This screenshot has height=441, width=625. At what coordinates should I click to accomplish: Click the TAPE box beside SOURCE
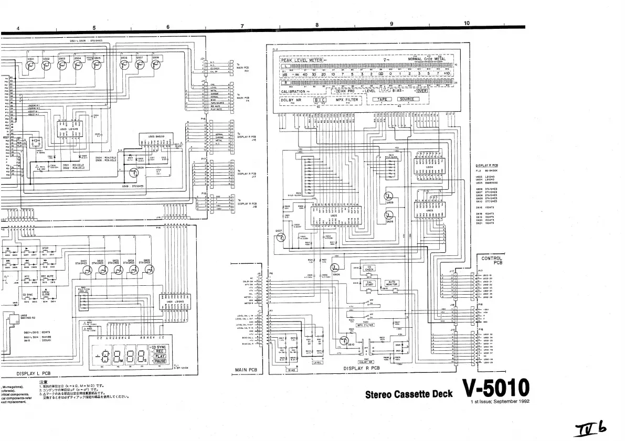pyautogui.click(x=384, y=99)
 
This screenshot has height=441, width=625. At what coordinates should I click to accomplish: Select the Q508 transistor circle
pyautogui.click(x=155, y=64)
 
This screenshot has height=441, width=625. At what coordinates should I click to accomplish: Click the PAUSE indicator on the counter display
pyautogui.click(x=160, y=361)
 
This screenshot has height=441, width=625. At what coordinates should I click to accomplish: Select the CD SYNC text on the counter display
pyautogui.click(x=158, y=347)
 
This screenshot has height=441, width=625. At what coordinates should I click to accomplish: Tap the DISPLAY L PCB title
pyautogui.click(x=33, y=373)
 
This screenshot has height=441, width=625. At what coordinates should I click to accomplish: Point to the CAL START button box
pyautogui.click(x=369, y=283)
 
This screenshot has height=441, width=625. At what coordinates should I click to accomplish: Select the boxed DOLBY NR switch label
pyautogui.click(x=365, y=361)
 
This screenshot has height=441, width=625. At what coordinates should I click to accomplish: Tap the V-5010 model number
pyautogui.click(x=496, y=389)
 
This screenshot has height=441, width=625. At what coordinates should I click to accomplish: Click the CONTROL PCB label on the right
pyautogui.click(x=492, y=260)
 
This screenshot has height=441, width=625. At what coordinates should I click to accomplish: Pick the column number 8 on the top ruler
pyautogui.click(x=317, y=25)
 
